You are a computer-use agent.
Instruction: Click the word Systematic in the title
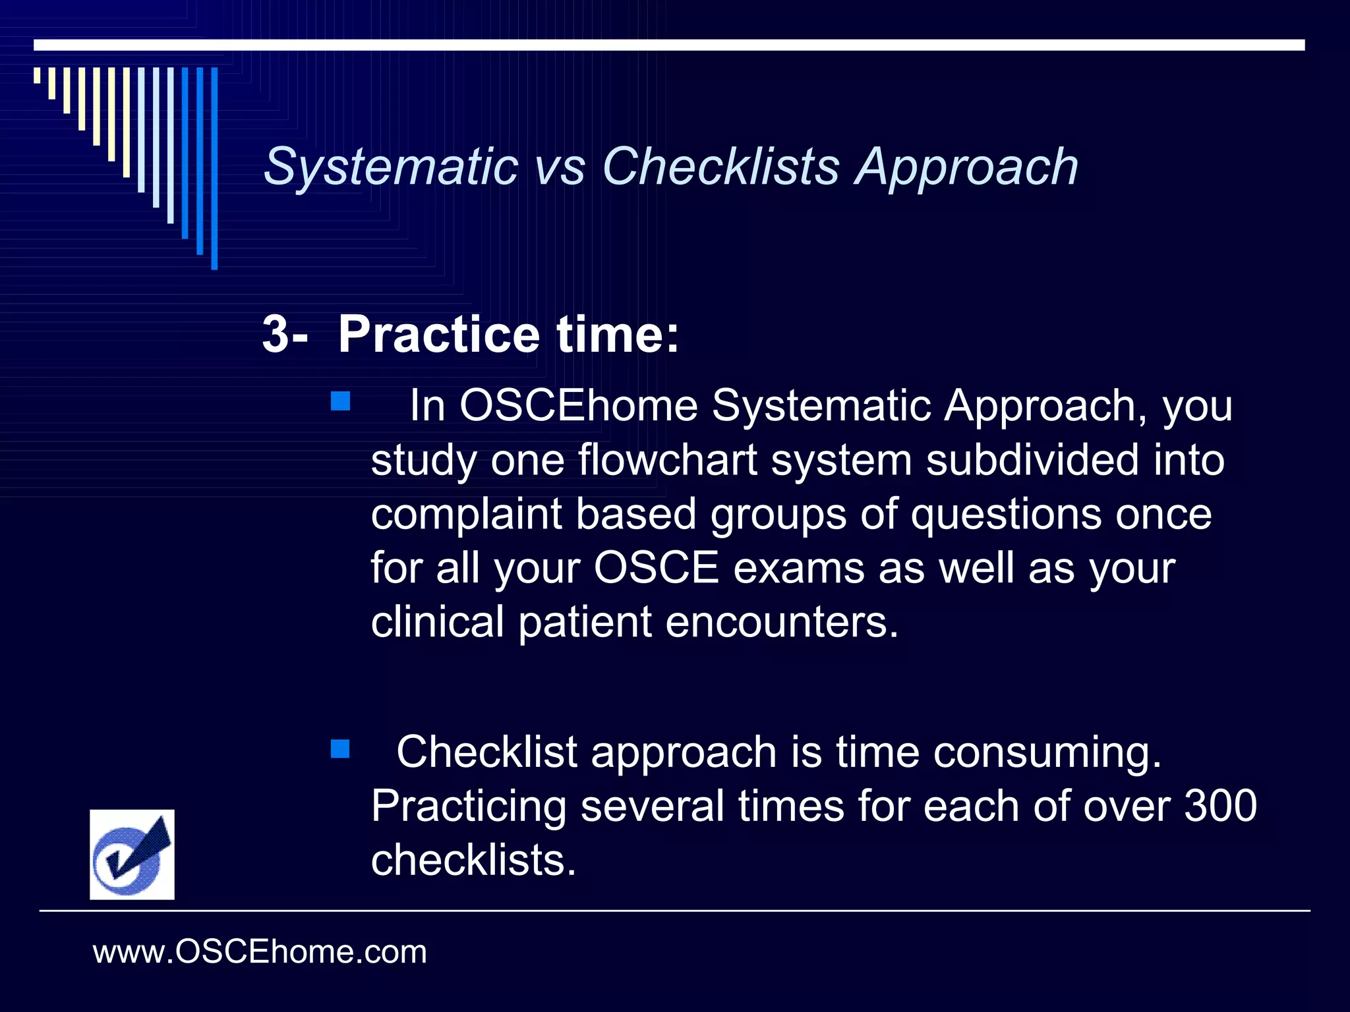[x=390, y=167]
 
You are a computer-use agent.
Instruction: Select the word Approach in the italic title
[x=966, y=167]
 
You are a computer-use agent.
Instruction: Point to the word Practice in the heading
[x=439, y=335]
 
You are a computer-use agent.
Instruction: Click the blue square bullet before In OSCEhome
[x=340, y=401]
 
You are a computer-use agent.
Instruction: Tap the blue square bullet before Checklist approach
[x=340, y=749]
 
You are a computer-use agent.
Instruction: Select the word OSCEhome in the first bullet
[x=578, y=405]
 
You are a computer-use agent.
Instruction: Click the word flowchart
[x=667, y=460]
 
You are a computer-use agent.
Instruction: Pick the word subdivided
[x=1032, y=460]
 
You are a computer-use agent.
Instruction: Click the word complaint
[x=466, y=515]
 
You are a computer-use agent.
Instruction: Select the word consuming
[x=1047, y=752]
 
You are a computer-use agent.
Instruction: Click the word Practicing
[x=469, y=806]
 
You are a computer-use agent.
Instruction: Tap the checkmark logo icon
[x=132, y=855]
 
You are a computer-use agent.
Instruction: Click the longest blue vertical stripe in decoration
[x=214, y=168]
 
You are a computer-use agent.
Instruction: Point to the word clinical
[x=437, y=622]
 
